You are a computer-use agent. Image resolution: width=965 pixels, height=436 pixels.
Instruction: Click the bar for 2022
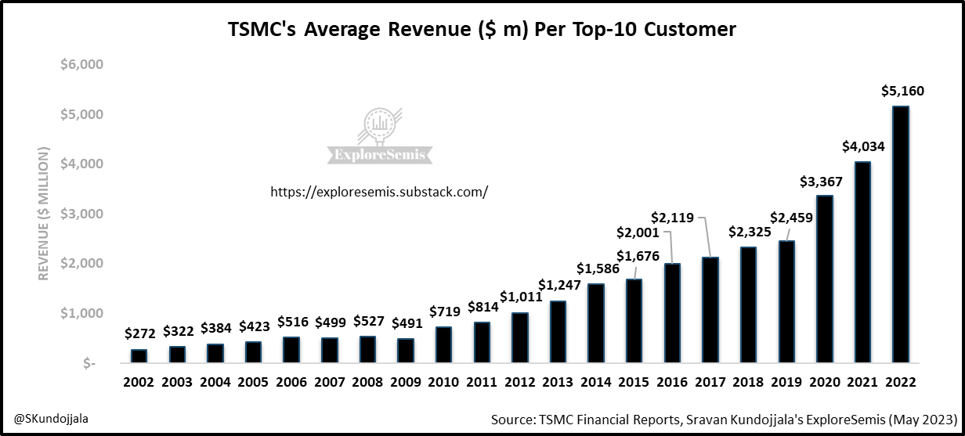pos(901,235)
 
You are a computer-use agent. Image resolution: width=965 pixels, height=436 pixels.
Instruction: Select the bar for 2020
pos(825,279)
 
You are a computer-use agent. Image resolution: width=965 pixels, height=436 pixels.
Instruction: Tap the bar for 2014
pos(596,323)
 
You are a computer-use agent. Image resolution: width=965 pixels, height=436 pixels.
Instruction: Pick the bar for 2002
pos(139,356)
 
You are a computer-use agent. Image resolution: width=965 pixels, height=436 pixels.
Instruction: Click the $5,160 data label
pos(901,92)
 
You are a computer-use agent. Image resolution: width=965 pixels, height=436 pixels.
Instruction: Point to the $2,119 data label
pos(673,218)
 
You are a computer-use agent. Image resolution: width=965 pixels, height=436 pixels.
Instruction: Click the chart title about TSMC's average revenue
pos(482,30)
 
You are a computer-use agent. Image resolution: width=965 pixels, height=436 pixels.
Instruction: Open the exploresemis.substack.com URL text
pos(379,192)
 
